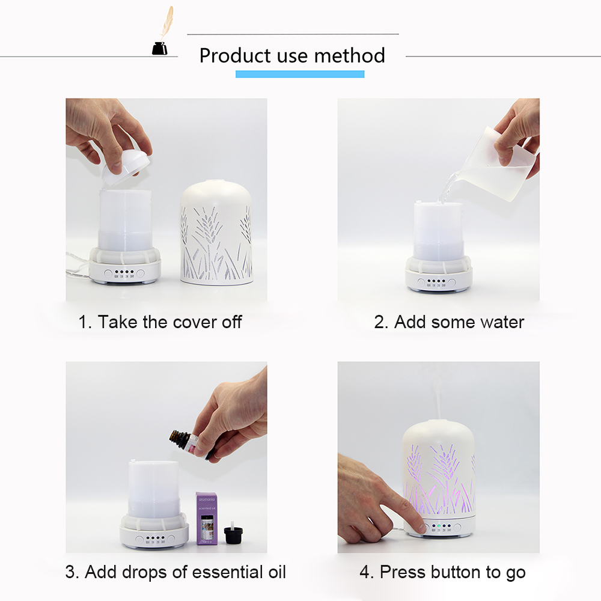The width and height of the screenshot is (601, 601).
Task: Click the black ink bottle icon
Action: pos(159,48)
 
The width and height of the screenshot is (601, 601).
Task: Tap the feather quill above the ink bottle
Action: pos(166,22)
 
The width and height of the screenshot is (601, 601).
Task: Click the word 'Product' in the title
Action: pos(235,56)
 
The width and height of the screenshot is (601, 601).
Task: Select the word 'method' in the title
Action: pos(350,56)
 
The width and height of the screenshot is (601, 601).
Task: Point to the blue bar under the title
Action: pos(300,74)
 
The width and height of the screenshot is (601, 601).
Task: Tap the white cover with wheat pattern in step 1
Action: pos(216,232)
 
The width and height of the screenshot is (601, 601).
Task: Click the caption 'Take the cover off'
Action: pos(170,322)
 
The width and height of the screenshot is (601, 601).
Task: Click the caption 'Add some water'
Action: pos(459,322)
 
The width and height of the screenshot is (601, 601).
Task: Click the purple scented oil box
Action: pos(207,518)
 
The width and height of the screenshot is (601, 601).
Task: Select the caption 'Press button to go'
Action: pos(453,572)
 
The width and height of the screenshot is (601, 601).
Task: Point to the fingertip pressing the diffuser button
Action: pos(422,528)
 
